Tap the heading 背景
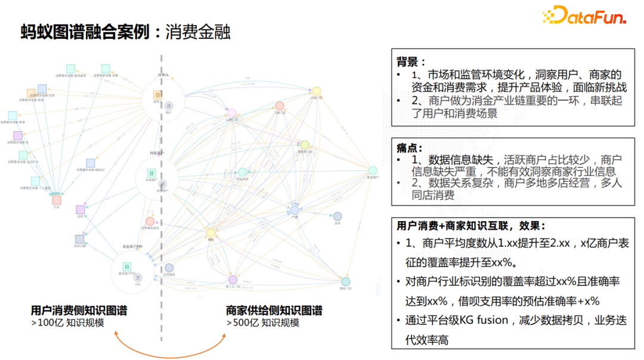[410, 61]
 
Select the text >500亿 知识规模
[263, 323]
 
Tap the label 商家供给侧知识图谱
[274, 311]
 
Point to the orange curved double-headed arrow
[171, 349]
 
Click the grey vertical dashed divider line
[162, 179]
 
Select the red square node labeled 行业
[57, 200]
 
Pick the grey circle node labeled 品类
[338, 216]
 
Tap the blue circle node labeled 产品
[294, 210]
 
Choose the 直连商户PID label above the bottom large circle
[132, 246]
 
